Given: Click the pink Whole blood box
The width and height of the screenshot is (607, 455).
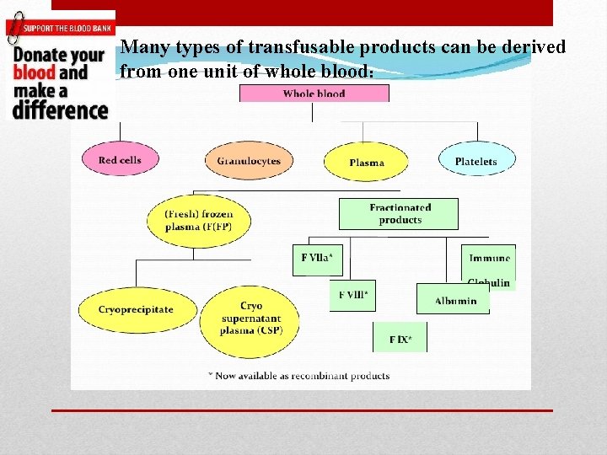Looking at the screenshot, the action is point(314,94).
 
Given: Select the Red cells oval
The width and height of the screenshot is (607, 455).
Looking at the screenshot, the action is point(120,159).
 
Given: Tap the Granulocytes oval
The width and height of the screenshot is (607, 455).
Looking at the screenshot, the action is point(249,160).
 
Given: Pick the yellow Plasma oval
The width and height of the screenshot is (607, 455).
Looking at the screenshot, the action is point(366,162).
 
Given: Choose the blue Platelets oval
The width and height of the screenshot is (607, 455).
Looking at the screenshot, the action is point(476,160).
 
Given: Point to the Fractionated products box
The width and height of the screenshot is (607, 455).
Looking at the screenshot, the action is point(399,213).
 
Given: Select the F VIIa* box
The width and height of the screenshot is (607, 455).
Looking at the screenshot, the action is point(317,259).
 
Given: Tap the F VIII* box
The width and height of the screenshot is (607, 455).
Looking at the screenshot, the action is point(352,296).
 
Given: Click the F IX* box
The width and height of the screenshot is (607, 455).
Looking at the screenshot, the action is point(400,338).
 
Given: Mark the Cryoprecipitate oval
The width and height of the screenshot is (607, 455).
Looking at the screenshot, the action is point(136,309).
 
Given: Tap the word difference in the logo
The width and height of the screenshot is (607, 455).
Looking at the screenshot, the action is point(60,110).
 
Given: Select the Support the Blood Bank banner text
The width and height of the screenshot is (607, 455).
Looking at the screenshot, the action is point(67,28).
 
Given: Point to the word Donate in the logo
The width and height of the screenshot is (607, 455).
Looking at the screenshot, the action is point(34,55).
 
